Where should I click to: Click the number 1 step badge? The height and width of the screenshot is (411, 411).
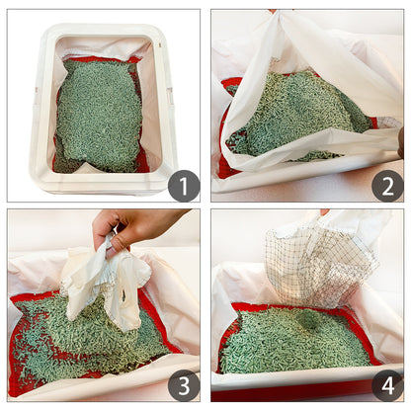[x=184, y=185]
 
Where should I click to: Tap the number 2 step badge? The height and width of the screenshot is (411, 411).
[x=386, y=185]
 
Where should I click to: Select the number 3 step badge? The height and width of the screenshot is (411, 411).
[x=184, y=385]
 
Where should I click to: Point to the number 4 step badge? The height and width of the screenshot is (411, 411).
[x=386, y=385]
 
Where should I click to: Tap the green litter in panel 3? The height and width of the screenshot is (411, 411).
[x=79, y=336]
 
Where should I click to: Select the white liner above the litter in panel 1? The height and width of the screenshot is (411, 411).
[x=99, y=46]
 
